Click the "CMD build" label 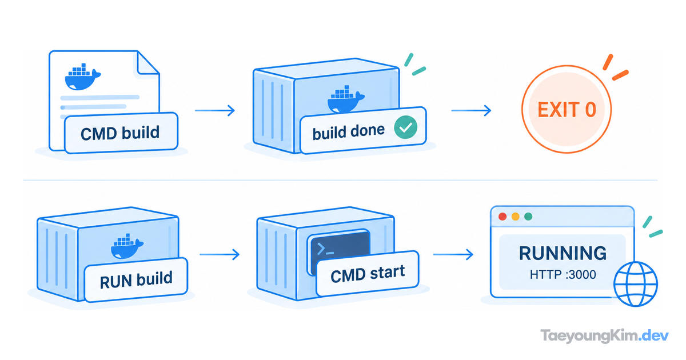point(121,133)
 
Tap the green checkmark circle point(405,127)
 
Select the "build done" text point(348,132)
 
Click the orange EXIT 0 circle point(567,109)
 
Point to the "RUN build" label point(136,280)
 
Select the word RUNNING point(563,253)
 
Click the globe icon point(636,284)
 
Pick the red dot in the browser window point(502,217)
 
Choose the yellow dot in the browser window point(516,217)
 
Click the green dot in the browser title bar point(528,217)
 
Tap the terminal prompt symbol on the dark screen point(325,249)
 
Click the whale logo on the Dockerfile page point(82,77)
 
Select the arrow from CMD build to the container point(215,110)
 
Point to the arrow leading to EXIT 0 point(471,110)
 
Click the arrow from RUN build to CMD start point(220,254)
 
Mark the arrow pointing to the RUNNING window point(453,254)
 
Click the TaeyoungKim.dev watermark point(605,336)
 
